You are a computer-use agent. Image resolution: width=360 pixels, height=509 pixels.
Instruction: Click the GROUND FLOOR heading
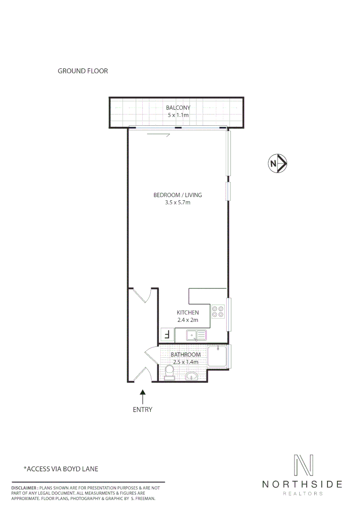click(x=83, y=71)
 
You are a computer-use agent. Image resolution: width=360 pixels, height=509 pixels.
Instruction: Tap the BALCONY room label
click(x=178, y=108)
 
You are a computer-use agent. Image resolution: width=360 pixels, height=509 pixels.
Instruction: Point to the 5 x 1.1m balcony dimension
click(x=178, y=115)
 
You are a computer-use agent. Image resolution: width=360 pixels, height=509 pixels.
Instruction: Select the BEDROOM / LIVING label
click(x=178, y=195)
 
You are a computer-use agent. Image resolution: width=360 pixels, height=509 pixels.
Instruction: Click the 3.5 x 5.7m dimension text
click(x=178, y=203)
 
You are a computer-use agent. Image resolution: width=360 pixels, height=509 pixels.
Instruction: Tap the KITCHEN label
click(x=188, y=312)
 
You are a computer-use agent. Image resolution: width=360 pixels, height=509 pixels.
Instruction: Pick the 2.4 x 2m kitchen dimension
click(x=188, y=320)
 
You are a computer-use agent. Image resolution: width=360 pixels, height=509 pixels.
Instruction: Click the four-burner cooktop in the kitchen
click(x=218, y=311)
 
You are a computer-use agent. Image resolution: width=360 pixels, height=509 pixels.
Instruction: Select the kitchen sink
click(x=196, y=336)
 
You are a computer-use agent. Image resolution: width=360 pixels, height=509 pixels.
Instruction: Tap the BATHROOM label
click(x=186, y=354)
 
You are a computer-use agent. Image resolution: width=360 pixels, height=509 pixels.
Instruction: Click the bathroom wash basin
click(x=192, y=376)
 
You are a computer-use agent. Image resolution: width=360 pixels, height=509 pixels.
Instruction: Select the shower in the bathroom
click(x=217, y=357)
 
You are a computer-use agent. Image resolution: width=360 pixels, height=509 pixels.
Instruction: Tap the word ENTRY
click(x=143, y=410)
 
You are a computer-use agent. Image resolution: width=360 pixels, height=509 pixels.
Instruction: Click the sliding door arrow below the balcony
click(x=158, y=136)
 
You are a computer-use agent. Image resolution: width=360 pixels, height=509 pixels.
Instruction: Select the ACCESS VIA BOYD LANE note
click(x=61, y=469)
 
